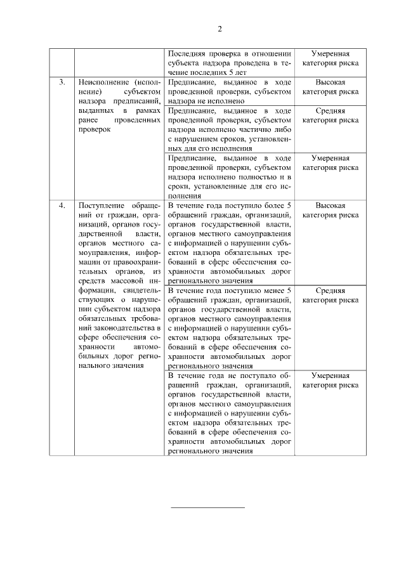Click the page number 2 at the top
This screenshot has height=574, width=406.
219,29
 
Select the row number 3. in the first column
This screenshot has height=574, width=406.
62,82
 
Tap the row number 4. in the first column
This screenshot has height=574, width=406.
62,206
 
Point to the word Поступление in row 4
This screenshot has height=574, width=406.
99,206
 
